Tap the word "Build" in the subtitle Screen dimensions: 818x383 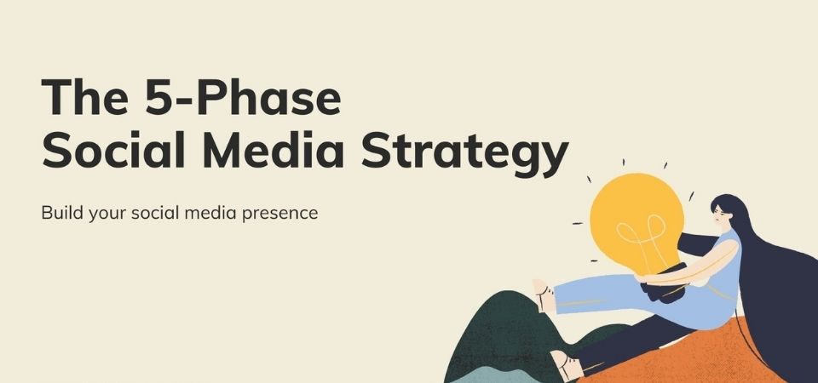pyautogui.click(x=62, y=213)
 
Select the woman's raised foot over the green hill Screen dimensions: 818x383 pyautogui.click(x=543, y=295)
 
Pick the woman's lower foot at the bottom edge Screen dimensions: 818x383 pyautogui.click(x=567, y=365)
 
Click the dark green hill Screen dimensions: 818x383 pyautogui.click(x=501, y=334)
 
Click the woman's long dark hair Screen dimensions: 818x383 pyautogui.click(x=777, y=292)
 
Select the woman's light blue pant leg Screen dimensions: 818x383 pyautogui.click(x=600, y=294)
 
